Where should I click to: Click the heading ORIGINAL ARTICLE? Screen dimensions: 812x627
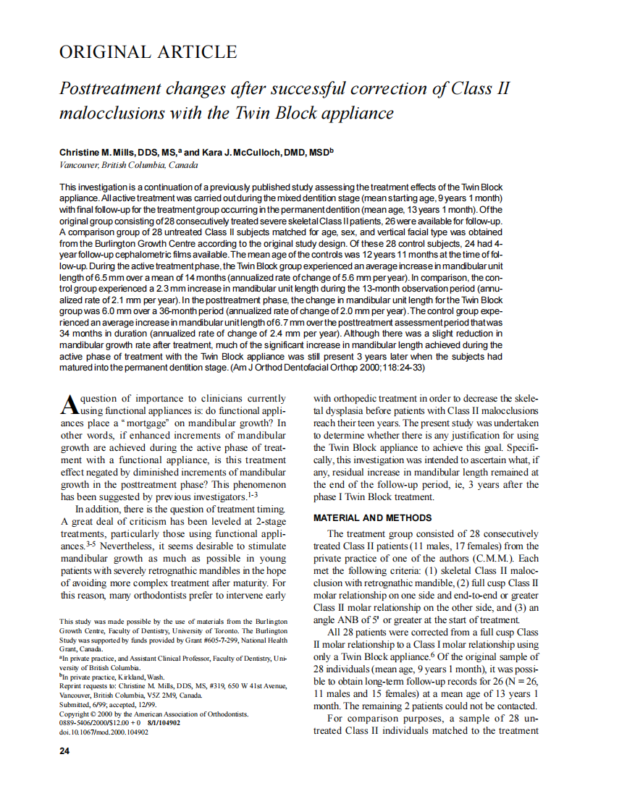(148, 52)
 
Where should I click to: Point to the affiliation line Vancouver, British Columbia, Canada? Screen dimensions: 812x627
(128, 165)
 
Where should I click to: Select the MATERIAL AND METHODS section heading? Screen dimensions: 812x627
(371, 518)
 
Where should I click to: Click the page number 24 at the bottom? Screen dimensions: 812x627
(64, 750)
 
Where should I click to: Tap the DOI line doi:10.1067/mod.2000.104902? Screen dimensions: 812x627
(104, 732)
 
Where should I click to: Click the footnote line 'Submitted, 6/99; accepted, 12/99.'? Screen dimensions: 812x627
(106, 704)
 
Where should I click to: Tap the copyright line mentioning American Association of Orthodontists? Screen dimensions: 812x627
(153, 714)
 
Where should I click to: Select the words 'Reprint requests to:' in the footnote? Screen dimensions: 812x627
(89, 686)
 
